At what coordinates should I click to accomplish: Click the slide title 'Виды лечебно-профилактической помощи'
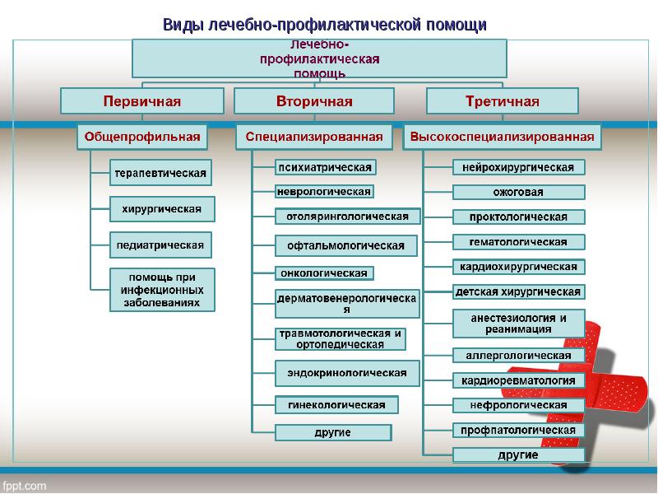(x=324, y=24)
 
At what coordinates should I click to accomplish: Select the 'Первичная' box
(x=141, y=101)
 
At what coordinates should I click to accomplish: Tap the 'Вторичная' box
(x=313, y=101)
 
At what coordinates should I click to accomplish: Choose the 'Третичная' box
(x=502, y=101)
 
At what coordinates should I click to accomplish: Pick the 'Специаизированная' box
(x=314, y=136)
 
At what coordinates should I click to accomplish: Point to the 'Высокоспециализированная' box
(x=502, y=136)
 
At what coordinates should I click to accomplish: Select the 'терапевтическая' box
(x=160, y=173)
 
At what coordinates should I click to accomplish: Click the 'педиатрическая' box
(x=161, y=245)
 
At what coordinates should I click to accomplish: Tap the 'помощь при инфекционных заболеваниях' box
(x=162, y=290)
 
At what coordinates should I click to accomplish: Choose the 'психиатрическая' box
(x=325, y=167)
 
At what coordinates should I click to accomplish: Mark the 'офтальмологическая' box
(x=345, y=245)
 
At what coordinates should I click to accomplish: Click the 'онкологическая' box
(x=323, y=273)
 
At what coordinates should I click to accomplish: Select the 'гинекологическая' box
(x=336, y=405)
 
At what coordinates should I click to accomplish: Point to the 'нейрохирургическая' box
(x=518, y=167)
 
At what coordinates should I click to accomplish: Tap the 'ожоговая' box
(x=518, y=193)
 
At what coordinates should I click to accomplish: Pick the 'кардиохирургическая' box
(x=518, y=267)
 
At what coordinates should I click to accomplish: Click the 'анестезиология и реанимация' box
(x=518, y=323)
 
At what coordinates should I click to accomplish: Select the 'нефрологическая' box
(x=518, y=405)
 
